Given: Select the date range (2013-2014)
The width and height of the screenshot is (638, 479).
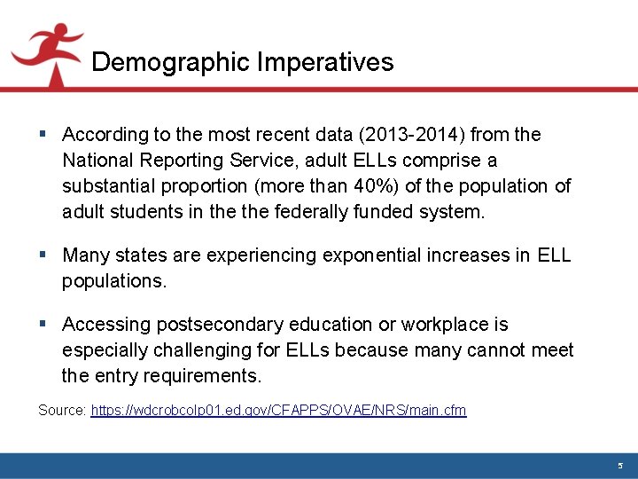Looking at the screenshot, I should (x=410, y=135).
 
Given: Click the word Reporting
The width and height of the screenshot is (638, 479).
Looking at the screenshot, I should (x=187, y=161).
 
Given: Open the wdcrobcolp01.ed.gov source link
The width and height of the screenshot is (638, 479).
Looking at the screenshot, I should (x=278, y=410).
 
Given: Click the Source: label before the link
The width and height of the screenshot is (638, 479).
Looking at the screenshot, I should (x=62, y=410).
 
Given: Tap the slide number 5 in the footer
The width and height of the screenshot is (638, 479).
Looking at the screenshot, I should (x=620, y=466).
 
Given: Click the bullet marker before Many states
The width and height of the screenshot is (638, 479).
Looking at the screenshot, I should (x=43, y=255).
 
